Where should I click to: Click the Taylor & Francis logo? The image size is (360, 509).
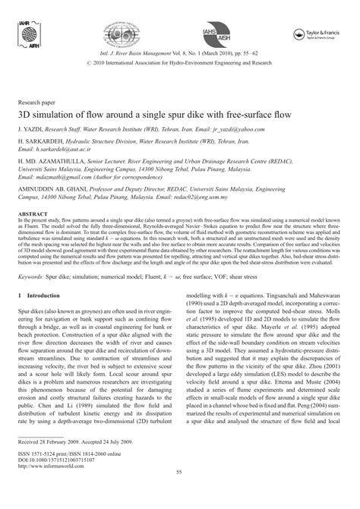[318, 33]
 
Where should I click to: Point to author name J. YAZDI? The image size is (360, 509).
[30, 130]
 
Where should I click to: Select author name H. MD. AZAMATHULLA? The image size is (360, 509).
[52, 163]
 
